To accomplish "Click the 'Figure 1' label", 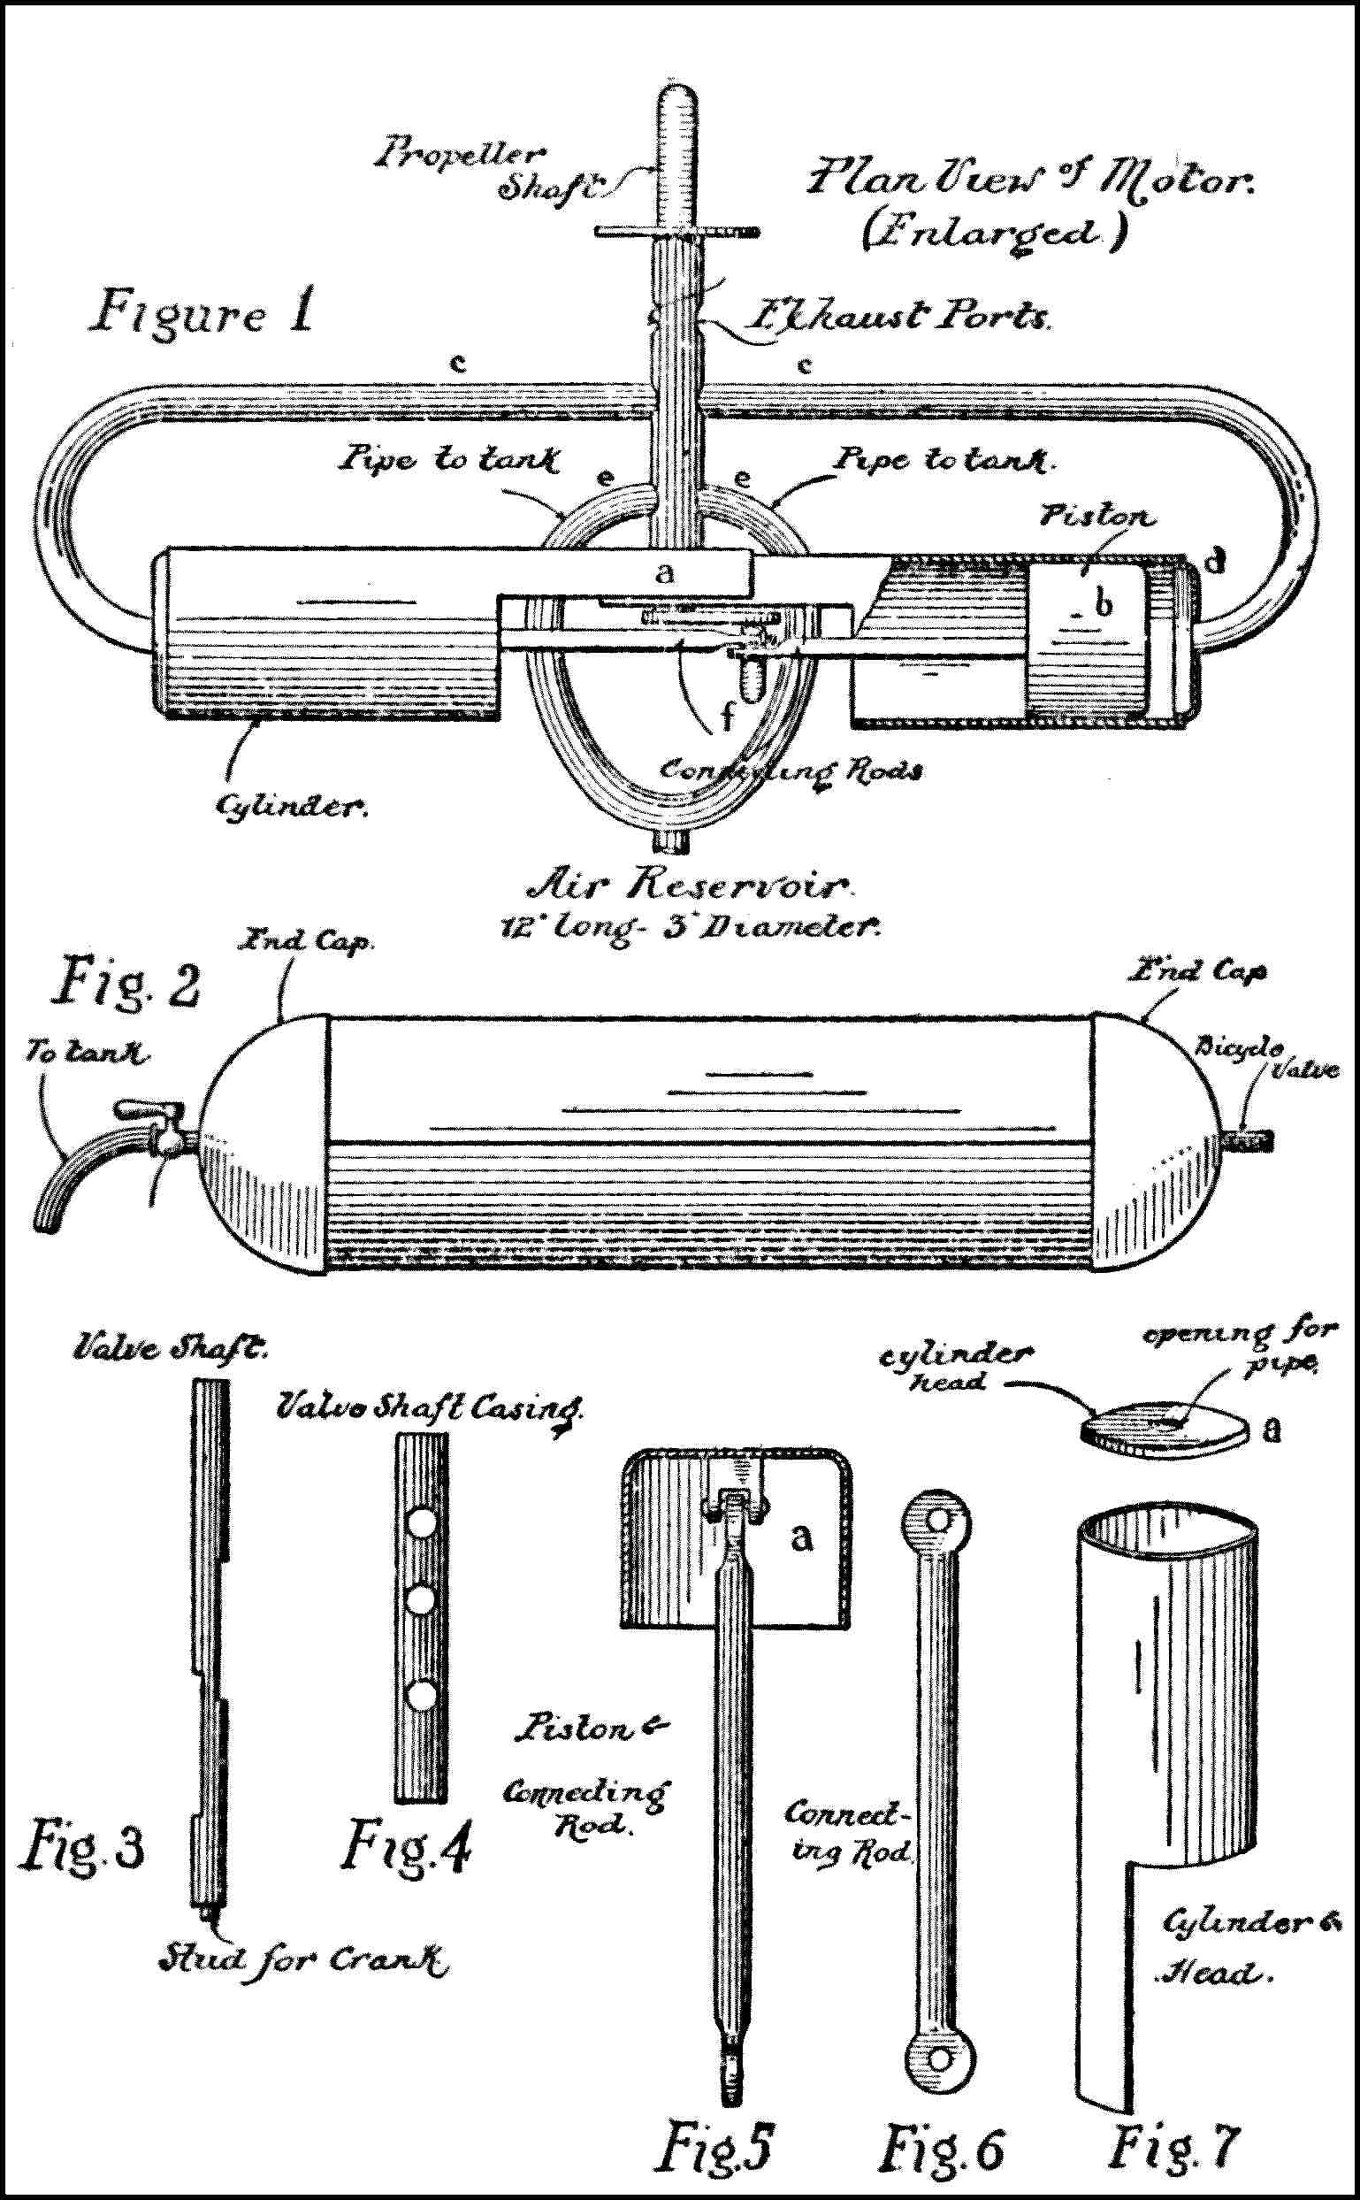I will pos(203,312).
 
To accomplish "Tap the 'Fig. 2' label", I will pos(128,983).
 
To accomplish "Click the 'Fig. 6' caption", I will pos(941,2148).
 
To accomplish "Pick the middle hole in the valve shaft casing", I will pos(420,1601).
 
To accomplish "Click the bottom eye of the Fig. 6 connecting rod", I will pos(939,2056).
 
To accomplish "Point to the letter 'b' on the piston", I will pos(1103,606).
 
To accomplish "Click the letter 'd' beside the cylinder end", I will pos(1214,562).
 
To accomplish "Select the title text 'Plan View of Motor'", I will pos(1030,179).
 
